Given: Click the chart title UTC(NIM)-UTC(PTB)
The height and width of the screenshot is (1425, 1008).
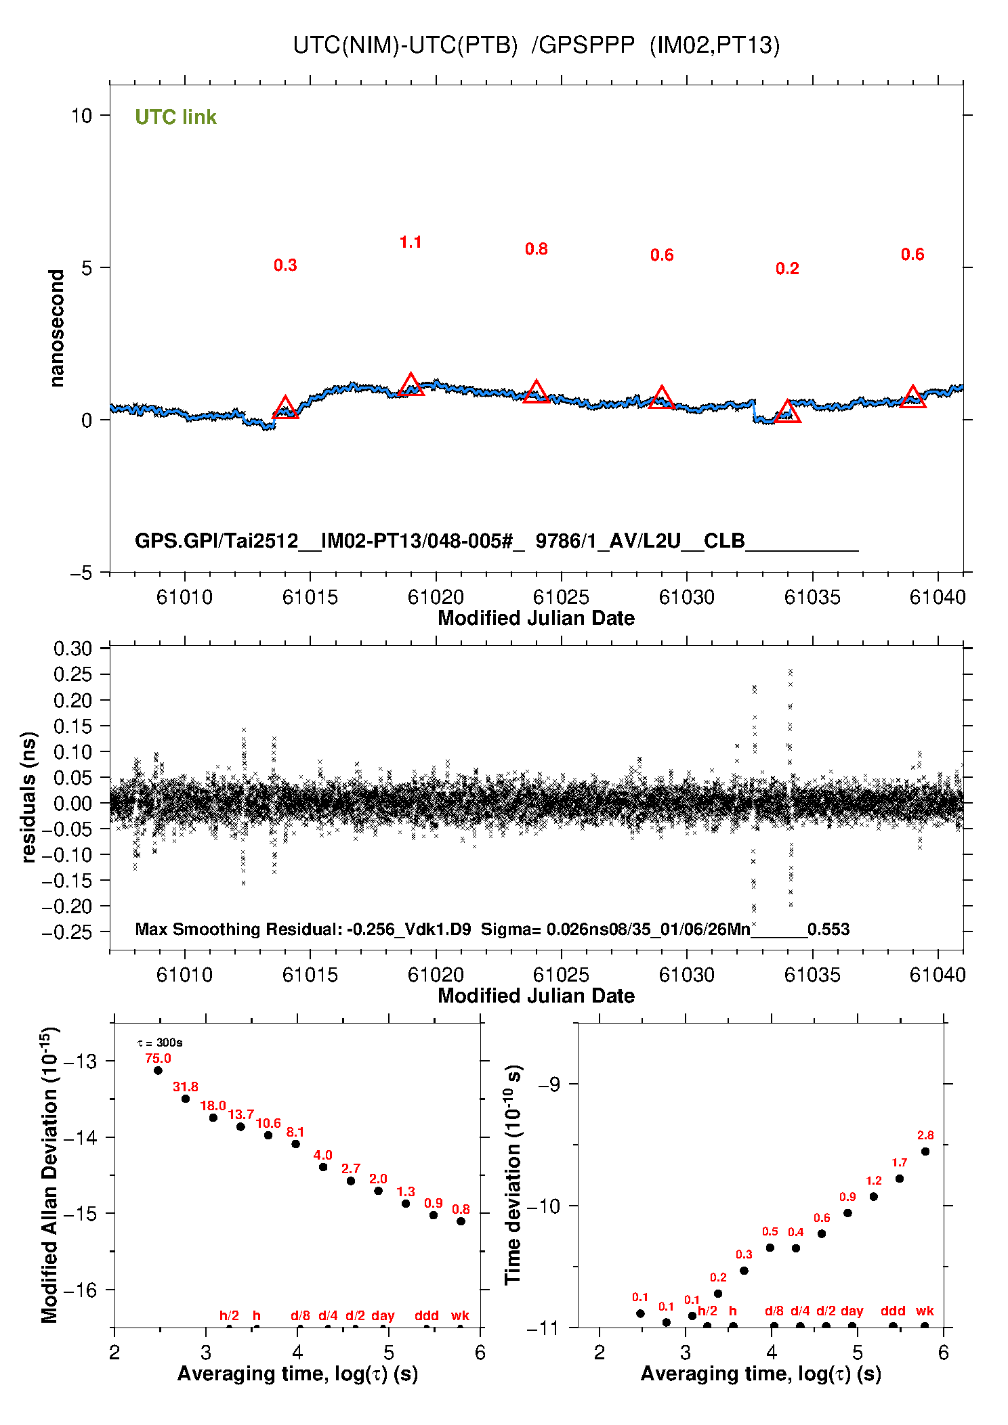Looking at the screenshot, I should (x=405, y=45).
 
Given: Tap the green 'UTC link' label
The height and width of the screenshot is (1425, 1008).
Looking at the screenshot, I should (x=175, y=117).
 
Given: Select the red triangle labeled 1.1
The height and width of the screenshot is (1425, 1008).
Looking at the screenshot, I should (x=411, y=385).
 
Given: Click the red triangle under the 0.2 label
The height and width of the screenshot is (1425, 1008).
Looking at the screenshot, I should (x=787, y=412).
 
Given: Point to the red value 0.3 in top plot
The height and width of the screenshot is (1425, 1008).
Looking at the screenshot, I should (x=285, y=265).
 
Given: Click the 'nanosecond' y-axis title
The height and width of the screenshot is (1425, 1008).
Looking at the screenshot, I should (x=57, y=328).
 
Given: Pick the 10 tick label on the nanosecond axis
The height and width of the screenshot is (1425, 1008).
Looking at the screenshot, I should (x=81, y=116).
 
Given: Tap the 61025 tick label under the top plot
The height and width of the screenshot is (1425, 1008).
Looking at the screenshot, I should (x=561, y=597).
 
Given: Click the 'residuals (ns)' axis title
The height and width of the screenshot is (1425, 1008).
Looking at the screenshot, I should (x=28, y=797).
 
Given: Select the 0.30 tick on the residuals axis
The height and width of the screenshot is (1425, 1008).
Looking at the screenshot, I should (x=72, y=649).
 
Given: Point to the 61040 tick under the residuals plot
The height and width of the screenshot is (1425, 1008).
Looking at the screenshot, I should (x=938, y=975).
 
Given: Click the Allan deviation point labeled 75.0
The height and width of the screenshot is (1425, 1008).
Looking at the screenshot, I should (x=158, y=1070).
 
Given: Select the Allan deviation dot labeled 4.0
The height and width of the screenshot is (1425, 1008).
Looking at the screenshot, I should (x=323, y=1167).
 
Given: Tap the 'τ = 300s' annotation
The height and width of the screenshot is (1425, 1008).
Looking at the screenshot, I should (x=160, y=1043).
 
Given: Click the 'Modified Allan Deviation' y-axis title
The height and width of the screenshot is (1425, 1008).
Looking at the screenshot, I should (x=49, y=1175).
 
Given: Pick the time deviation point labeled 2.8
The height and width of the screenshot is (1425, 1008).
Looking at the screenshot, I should (x=925, y=1152).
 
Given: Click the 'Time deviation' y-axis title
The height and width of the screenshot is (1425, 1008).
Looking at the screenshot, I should (x=513, y=1175).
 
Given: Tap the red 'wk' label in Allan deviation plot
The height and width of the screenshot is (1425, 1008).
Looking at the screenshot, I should (x=460, y=1315).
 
